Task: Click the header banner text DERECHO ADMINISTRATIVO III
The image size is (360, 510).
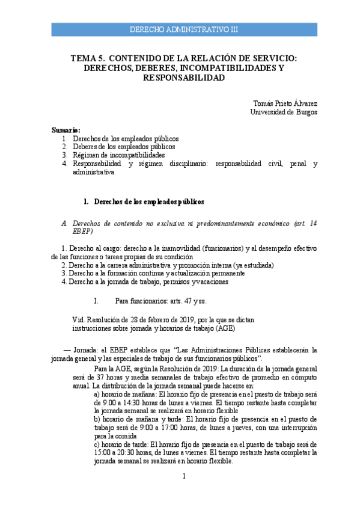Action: point(184,29)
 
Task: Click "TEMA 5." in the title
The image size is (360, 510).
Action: point(88,58)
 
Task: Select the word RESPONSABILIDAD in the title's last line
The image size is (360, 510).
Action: point(184,78)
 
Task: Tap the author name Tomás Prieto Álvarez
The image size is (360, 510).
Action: point(285,103)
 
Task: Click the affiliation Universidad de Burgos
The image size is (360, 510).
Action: point(284,112)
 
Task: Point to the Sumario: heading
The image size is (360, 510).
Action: point(66,130)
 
